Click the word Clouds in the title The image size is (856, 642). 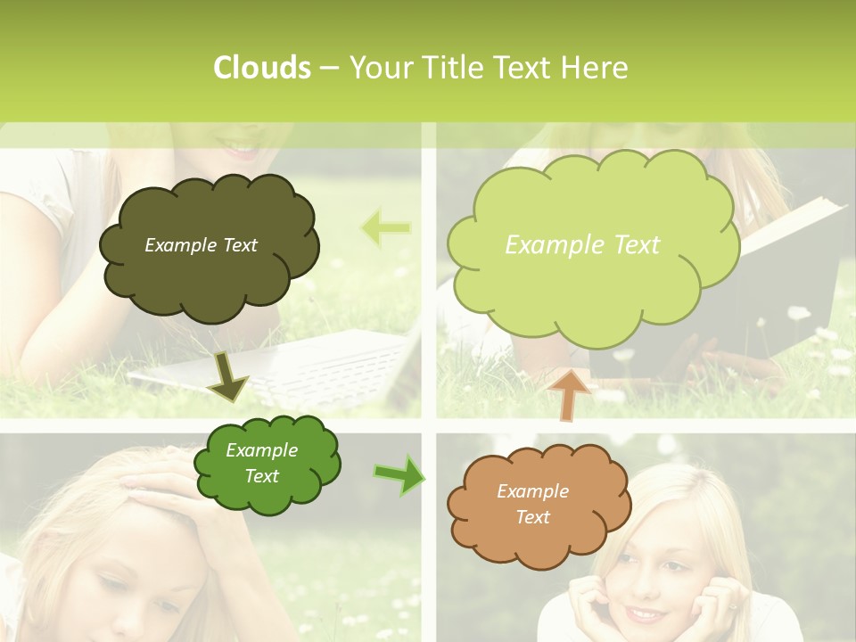coord(261,68)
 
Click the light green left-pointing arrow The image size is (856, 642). coord(386,228)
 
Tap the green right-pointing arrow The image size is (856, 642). coord(399,474)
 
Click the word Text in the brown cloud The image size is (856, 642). coord(532,517)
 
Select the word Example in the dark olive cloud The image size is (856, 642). coord(175,245)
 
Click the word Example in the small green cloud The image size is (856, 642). coord(261,450)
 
